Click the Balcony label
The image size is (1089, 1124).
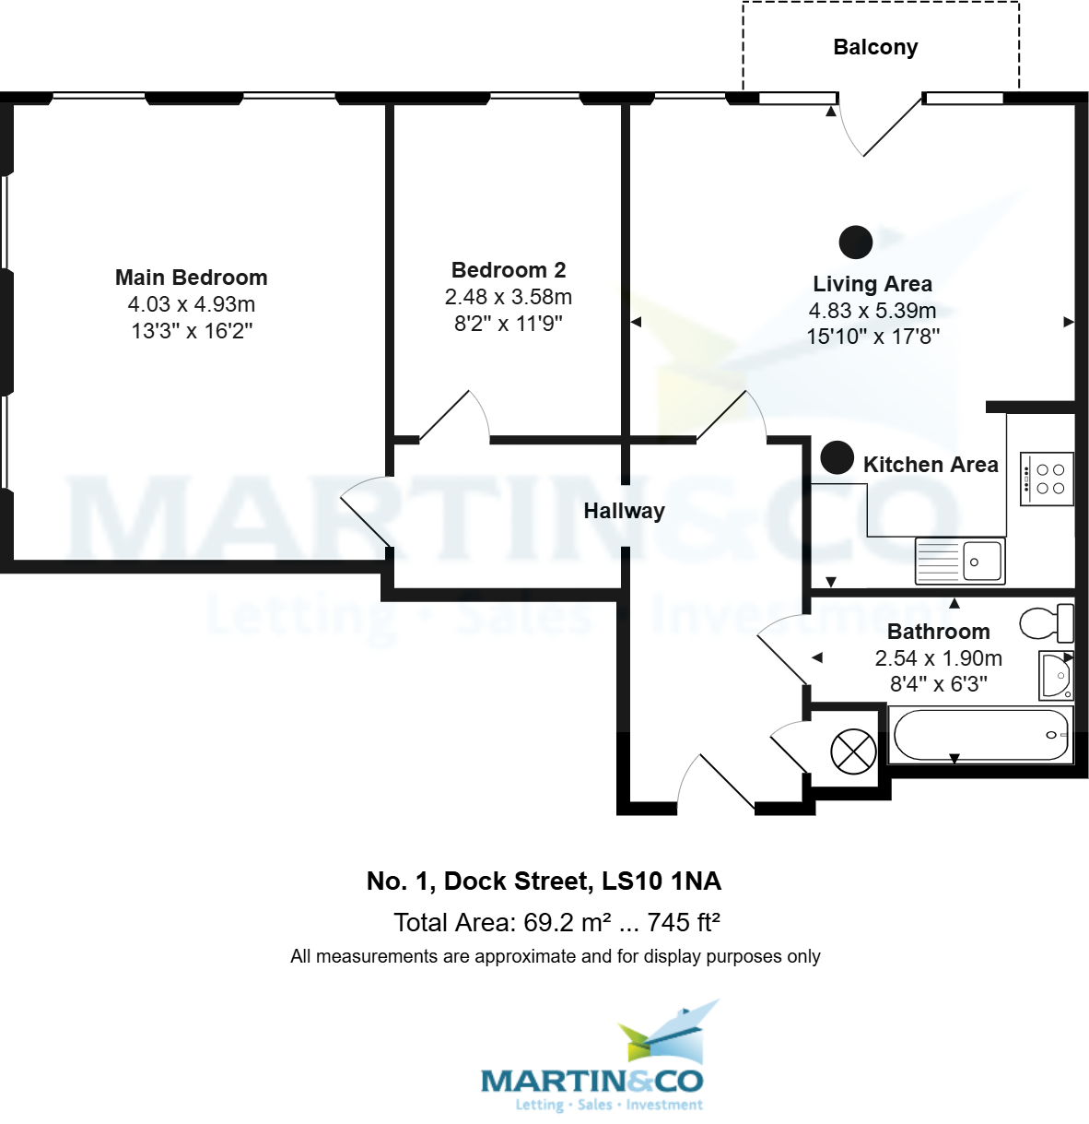click(875, 47)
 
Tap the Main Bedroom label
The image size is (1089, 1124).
click(192, 278)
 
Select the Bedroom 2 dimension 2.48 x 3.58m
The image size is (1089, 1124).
click(509, 297)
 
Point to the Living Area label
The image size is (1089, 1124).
click(872, 284)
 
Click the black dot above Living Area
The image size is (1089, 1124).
click(856, 242)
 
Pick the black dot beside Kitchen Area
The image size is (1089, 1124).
click(837, 457)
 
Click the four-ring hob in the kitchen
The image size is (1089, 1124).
click(1048, 479)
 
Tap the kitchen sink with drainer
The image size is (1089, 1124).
click(960, 561)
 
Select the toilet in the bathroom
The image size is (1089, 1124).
click(1047, 623)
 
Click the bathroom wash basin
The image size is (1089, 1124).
click(1056, 676)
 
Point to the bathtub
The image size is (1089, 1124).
click(980, 735)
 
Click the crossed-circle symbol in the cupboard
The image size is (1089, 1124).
click(853, 751)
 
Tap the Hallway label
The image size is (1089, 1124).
click(624, 511)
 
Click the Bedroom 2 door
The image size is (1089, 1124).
click(451, 415)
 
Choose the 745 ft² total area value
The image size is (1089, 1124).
click(684, 923)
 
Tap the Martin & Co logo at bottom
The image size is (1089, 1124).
click(591, 1060)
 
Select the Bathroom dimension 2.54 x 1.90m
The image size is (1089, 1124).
click(938, 658)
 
